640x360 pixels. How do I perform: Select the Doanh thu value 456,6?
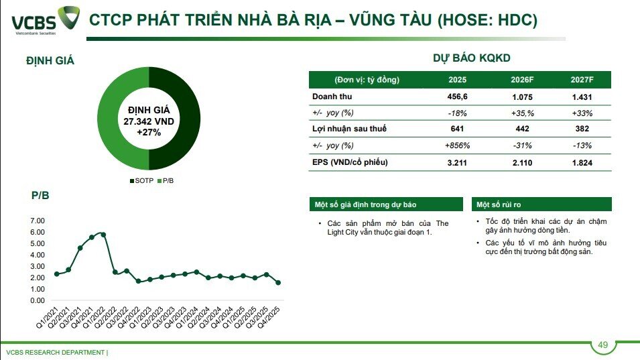(x=458, y=97)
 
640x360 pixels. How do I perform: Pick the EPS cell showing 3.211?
(x=458, y=162)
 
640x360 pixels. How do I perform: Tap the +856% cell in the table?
(x=458, y=145)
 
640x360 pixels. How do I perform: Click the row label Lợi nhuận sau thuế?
(x=350, y=129)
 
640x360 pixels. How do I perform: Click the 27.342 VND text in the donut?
(x=148, y=121)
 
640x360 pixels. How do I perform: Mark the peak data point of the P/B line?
(x=103, y=235)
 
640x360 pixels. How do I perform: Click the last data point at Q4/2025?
(x=277, y=282)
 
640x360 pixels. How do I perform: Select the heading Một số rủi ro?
(x=499, y=204)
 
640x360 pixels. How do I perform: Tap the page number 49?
(x=602, y=345)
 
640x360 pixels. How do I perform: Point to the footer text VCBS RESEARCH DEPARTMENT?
(x=55, y=353)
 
